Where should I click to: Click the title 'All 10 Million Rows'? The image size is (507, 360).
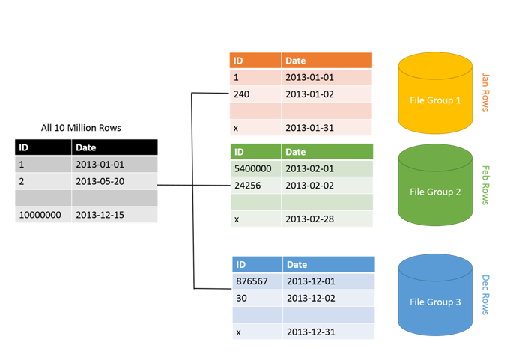tap(81, 128)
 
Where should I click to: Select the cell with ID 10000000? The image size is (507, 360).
tap(40, 215)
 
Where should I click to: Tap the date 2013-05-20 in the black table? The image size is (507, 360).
tap(100, 181)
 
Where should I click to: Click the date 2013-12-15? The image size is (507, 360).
tap(100, 215)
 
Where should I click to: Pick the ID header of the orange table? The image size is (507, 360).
tap(239, 61)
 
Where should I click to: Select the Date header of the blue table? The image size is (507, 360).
tap(297, 264)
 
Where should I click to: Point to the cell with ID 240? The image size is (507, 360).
tap(242, 94)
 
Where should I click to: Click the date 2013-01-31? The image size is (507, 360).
tap(309, 128)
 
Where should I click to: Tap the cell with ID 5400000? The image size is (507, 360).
tap(252, 169)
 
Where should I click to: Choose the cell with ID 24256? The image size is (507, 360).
tap(247, 186)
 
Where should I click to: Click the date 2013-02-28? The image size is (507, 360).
tap(309, 219)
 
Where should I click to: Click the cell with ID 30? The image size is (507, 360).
tap(241, 298)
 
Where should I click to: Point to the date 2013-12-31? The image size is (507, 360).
tap(311, 332)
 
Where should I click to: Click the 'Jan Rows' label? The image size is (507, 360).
tap(485, 92)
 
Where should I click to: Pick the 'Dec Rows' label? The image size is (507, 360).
tap(485, 294)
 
